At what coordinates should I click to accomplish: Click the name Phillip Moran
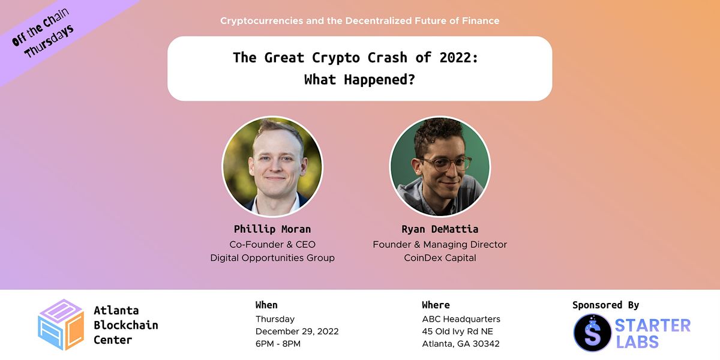click(272, 229)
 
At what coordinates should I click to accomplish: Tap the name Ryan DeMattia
click(440, 229)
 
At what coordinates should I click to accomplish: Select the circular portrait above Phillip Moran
click(272, 167)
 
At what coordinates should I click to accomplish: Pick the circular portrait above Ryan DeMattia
click(440, 167)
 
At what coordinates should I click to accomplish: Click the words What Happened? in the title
click(359, 80)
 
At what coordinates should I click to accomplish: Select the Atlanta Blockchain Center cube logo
click(61, 325)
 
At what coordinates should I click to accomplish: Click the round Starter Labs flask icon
click(592, 332)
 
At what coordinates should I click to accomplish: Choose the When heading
click(266, 305)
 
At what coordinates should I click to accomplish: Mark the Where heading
click(436, 305)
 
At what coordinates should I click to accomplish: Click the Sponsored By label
click(605, 305)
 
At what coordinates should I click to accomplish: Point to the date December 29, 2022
click(297, 331)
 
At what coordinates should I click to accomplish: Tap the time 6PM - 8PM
click(278, 344)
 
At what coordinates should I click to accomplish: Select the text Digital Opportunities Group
click(272, 258)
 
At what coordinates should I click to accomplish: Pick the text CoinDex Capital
click(440, 258)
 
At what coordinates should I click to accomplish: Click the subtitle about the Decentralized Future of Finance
click(359, 21)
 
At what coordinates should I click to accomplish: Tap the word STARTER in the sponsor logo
click(652, 326)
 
